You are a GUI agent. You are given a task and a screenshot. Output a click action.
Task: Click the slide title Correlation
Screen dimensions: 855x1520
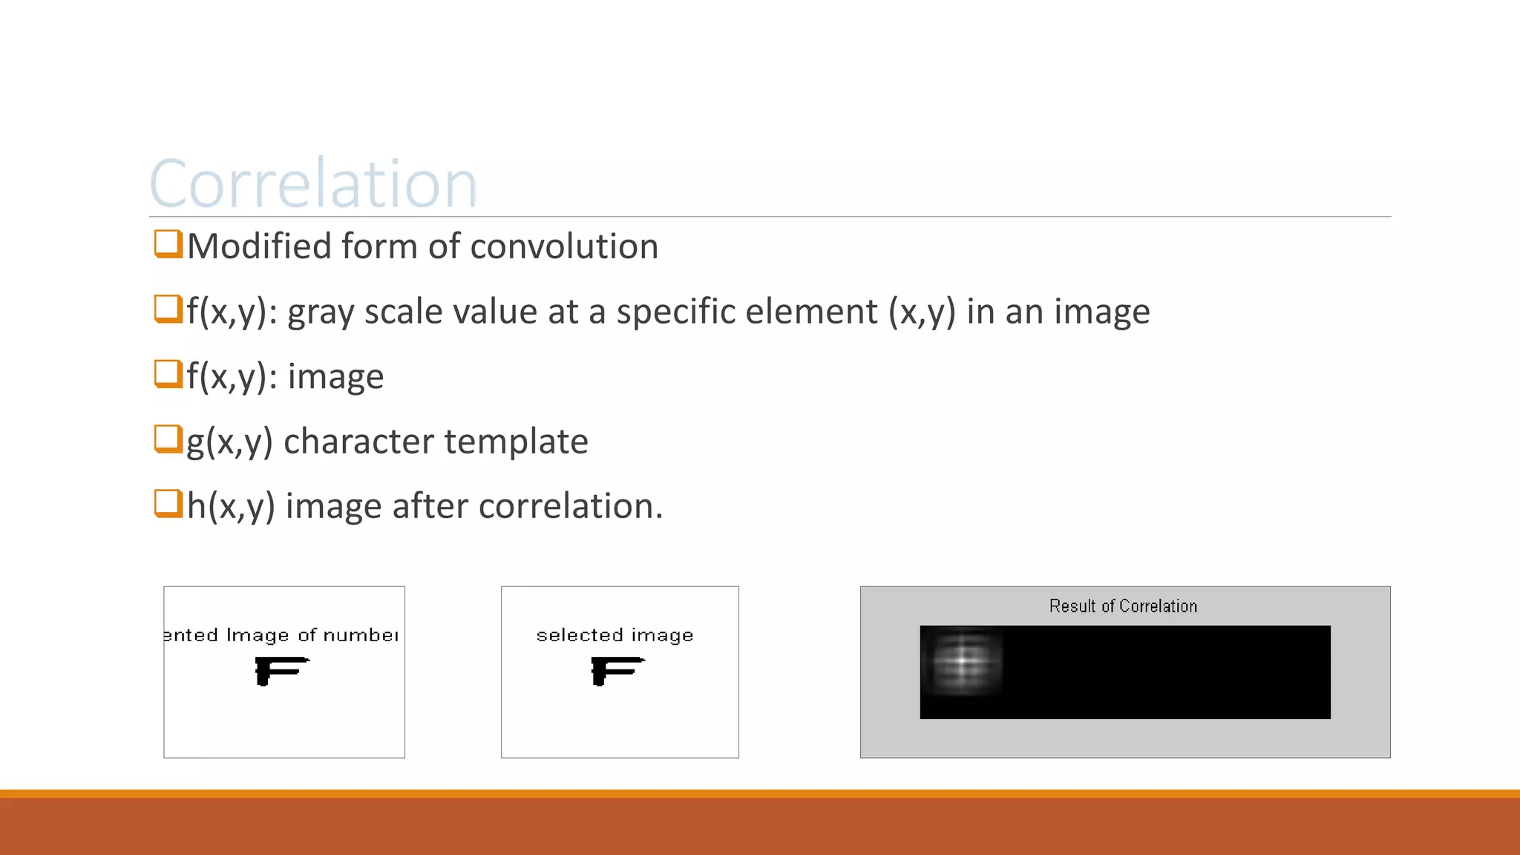(312, 183)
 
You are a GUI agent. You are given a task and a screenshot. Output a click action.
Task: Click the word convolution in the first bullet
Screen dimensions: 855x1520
(564, 246)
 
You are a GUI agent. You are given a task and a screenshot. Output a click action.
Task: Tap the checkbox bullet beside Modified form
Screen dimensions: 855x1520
(168, 243)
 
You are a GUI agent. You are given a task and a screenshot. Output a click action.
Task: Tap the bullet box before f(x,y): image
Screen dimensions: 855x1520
(168, 373)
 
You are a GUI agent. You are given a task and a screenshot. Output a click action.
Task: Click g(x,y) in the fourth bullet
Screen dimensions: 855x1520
(229, 442)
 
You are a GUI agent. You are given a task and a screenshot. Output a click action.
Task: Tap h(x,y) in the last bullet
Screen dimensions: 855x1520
(231, 506)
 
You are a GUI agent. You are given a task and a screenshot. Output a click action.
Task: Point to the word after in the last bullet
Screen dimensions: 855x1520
(430, 506)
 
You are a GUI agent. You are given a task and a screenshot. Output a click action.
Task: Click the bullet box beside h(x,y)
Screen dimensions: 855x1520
(168, 503)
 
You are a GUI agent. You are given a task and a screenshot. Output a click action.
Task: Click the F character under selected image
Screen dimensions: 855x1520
(616, 670)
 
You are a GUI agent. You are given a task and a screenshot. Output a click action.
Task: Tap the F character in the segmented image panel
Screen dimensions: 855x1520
(280, 670)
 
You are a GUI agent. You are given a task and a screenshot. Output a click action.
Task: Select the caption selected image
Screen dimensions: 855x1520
(615, 635)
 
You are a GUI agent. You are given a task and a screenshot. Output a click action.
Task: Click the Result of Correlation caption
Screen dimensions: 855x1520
(1123, 606)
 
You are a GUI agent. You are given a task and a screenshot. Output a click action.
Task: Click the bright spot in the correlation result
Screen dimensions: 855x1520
(962, 660)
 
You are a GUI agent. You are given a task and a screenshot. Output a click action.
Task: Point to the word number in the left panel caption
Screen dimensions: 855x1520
(361, 635)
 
